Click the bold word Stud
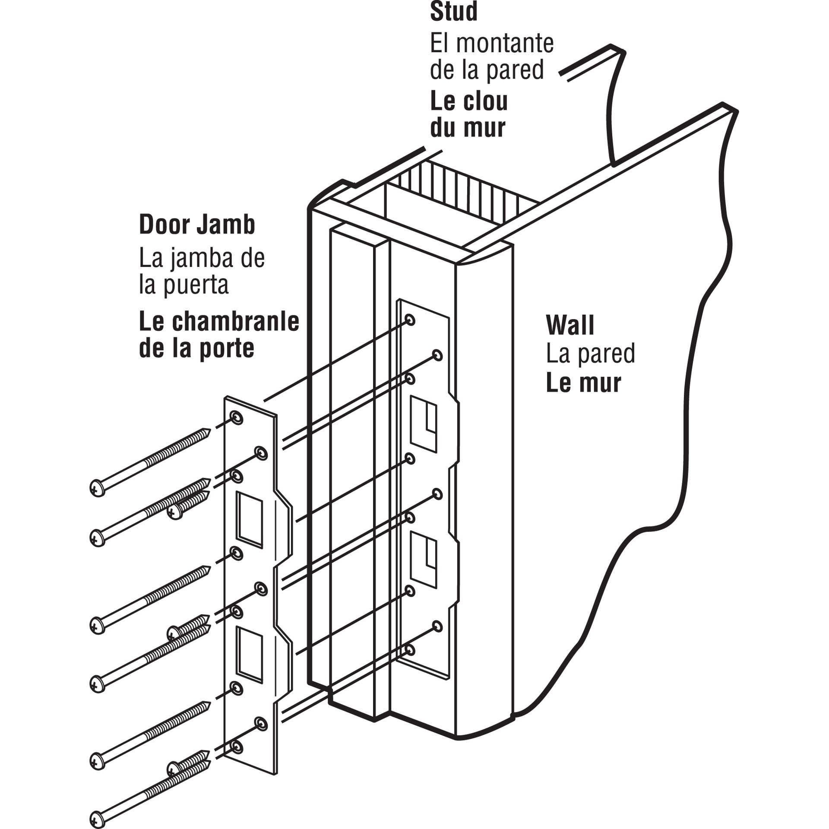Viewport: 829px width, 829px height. point(454,12)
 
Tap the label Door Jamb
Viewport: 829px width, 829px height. point(197,225)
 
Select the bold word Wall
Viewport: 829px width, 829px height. point(570,325)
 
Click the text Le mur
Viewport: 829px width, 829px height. point(583,383)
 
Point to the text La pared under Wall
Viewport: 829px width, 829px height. point(590,354)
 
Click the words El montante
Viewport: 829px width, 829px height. point(491,44)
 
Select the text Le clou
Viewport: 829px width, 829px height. point(469,101)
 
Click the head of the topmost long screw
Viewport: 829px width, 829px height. point(98,488)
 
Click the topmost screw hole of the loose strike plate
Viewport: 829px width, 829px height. point(237,418)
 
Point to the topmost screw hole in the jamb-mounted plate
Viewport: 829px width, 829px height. point(410,320)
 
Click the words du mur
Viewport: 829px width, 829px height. point(468,128)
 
